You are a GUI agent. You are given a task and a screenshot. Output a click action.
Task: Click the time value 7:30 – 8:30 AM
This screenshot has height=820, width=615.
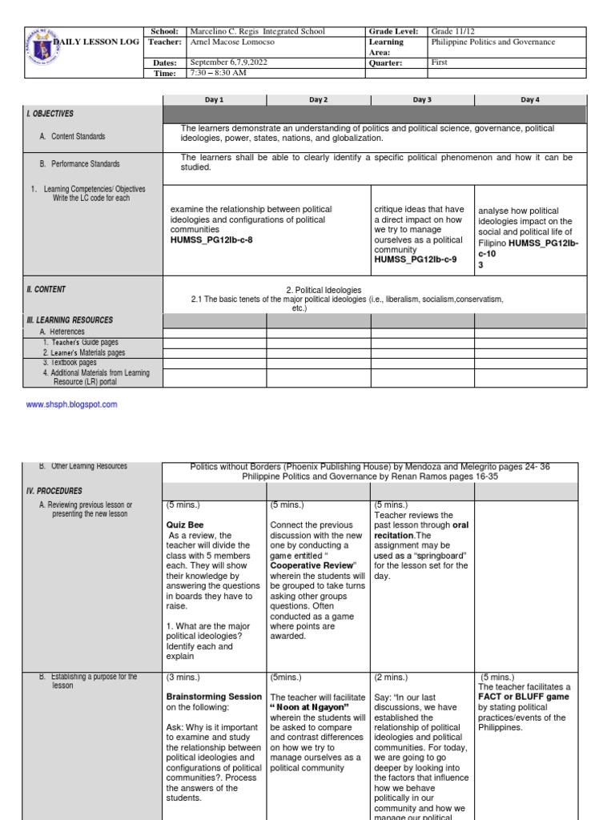pos(218,73)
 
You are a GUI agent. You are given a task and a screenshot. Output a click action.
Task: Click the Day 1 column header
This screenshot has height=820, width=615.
pos(215,100)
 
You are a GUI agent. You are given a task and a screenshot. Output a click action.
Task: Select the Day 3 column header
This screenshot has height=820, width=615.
pos(422,100)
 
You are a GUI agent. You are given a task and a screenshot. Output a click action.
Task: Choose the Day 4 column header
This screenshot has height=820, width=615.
pos(529,100)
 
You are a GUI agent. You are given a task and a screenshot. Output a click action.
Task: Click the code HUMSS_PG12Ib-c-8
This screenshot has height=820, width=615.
pos(215,239)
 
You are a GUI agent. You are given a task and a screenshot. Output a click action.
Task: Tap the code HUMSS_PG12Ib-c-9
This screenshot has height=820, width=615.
pos(415,259)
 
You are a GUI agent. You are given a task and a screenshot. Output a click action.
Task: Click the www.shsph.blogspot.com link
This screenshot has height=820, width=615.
pos(72,404)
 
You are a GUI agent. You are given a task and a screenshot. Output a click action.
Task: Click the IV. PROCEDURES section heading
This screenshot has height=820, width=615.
pos(54,490)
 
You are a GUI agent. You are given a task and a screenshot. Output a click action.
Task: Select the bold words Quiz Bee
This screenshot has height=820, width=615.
pos(184,525)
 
